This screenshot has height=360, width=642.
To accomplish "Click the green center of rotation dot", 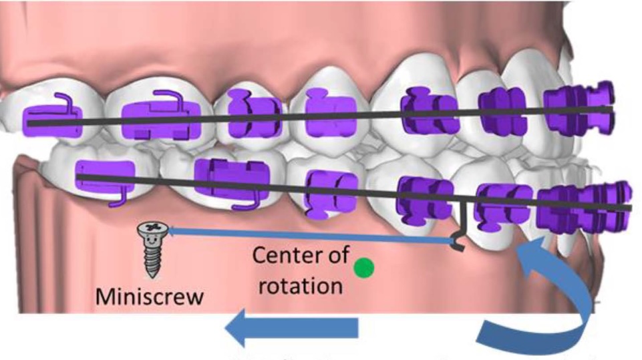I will pos(363,268).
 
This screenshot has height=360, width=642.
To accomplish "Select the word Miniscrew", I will pos(149,296).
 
